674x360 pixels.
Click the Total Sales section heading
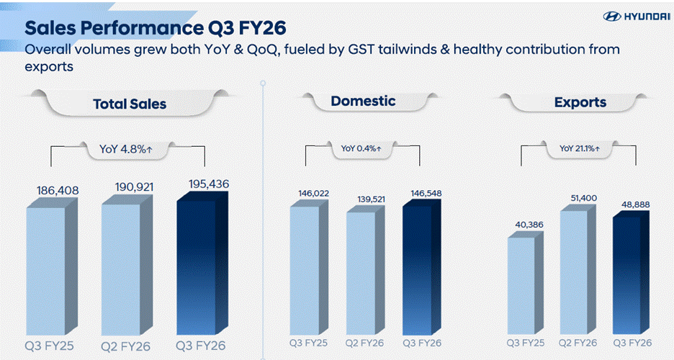pos(130,104)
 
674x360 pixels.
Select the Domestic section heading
pos(363,101)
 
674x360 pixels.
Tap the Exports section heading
pos(580,102)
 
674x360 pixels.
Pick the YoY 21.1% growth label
pos(580,149)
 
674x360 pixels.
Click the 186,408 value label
pos(57,191)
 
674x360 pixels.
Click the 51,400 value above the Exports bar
pos(581,197)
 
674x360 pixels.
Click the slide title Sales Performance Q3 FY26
pos(156,27)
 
